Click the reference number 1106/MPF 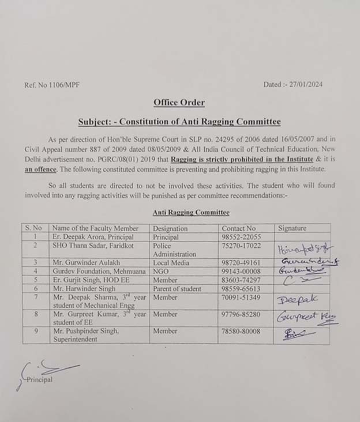coord(52,85)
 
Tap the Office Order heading coord(179,103)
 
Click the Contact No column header coord(238,228)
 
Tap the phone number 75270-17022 coord(241,246)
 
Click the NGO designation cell coord(161,271)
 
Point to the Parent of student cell coord(177,288)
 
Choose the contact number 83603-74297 coord(241,280)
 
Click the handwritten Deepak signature coord(298,300)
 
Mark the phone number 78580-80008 coord(241,331)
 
